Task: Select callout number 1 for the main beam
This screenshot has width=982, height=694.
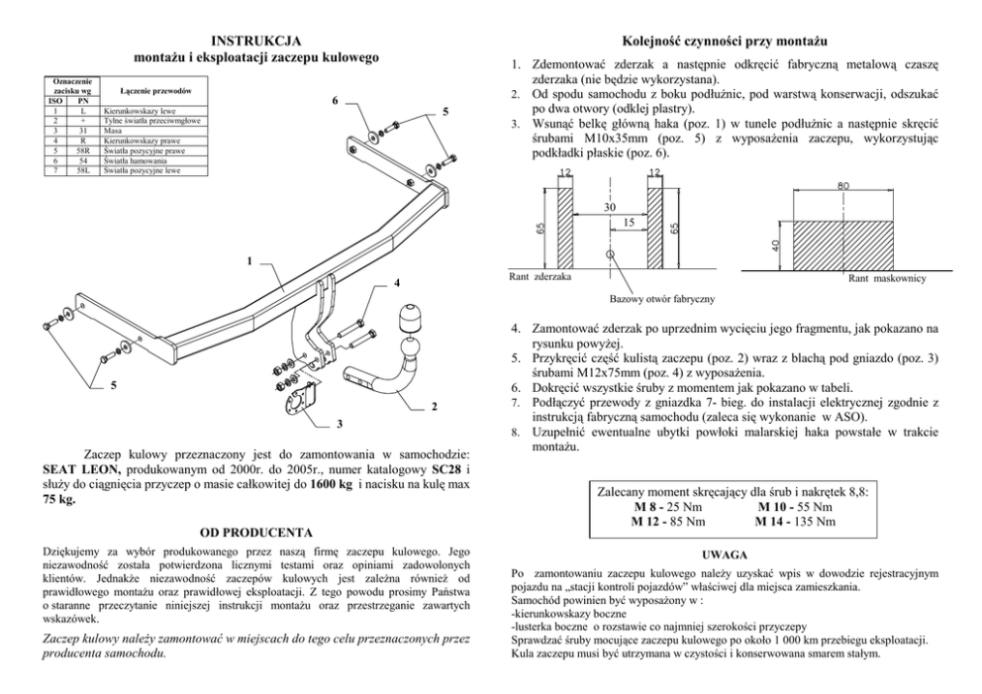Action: click(250, 261)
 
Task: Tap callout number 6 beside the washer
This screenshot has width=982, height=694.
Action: click(335, 101)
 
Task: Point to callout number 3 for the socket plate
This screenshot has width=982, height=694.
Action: click(338, 426)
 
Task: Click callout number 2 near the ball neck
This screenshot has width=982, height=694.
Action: click(434, 407)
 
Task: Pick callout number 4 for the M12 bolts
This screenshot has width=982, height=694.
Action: click(396, 283)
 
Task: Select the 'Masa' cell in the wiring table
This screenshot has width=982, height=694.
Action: click(115, 131)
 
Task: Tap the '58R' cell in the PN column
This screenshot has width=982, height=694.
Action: click(83, 150)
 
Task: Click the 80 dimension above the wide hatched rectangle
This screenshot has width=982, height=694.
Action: click(841, 185)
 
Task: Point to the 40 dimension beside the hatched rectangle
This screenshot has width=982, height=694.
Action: click(778, 244)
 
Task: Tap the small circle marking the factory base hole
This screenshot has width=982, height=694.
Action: click(612, 254)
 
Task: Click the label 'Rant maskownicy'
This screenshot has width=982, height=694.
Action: click(887, 279)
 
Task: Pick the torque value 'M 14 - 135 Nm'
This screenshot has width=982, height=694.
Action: click(795, 521)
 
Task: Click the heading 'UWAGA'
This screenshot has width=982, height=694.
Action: click(724, 555)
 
